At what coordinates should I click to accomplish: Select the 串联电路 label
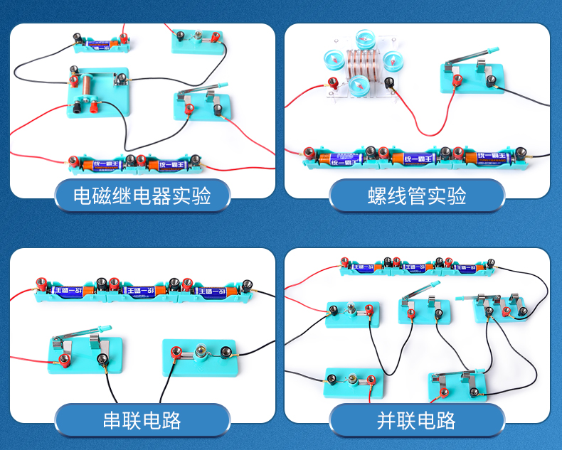click(142, 419)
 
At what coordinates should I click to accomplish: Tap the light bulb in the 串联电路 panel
click(202, 350)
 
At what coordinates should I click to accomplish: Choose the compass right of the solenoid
click(391, 61)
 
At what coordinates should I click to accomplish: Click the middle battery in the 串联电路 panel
click(145, 289)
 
